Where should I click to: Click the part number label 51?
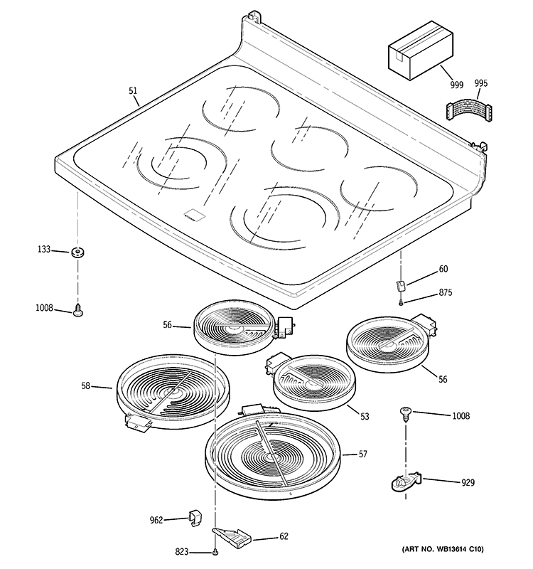point(133,90)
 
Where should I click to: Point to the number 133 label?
point(44,250)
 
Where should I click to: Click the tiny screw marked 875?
point(402,302)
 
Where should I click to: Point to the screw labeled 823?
point(214,552)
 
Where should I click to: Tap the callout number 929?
point(467,483)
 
